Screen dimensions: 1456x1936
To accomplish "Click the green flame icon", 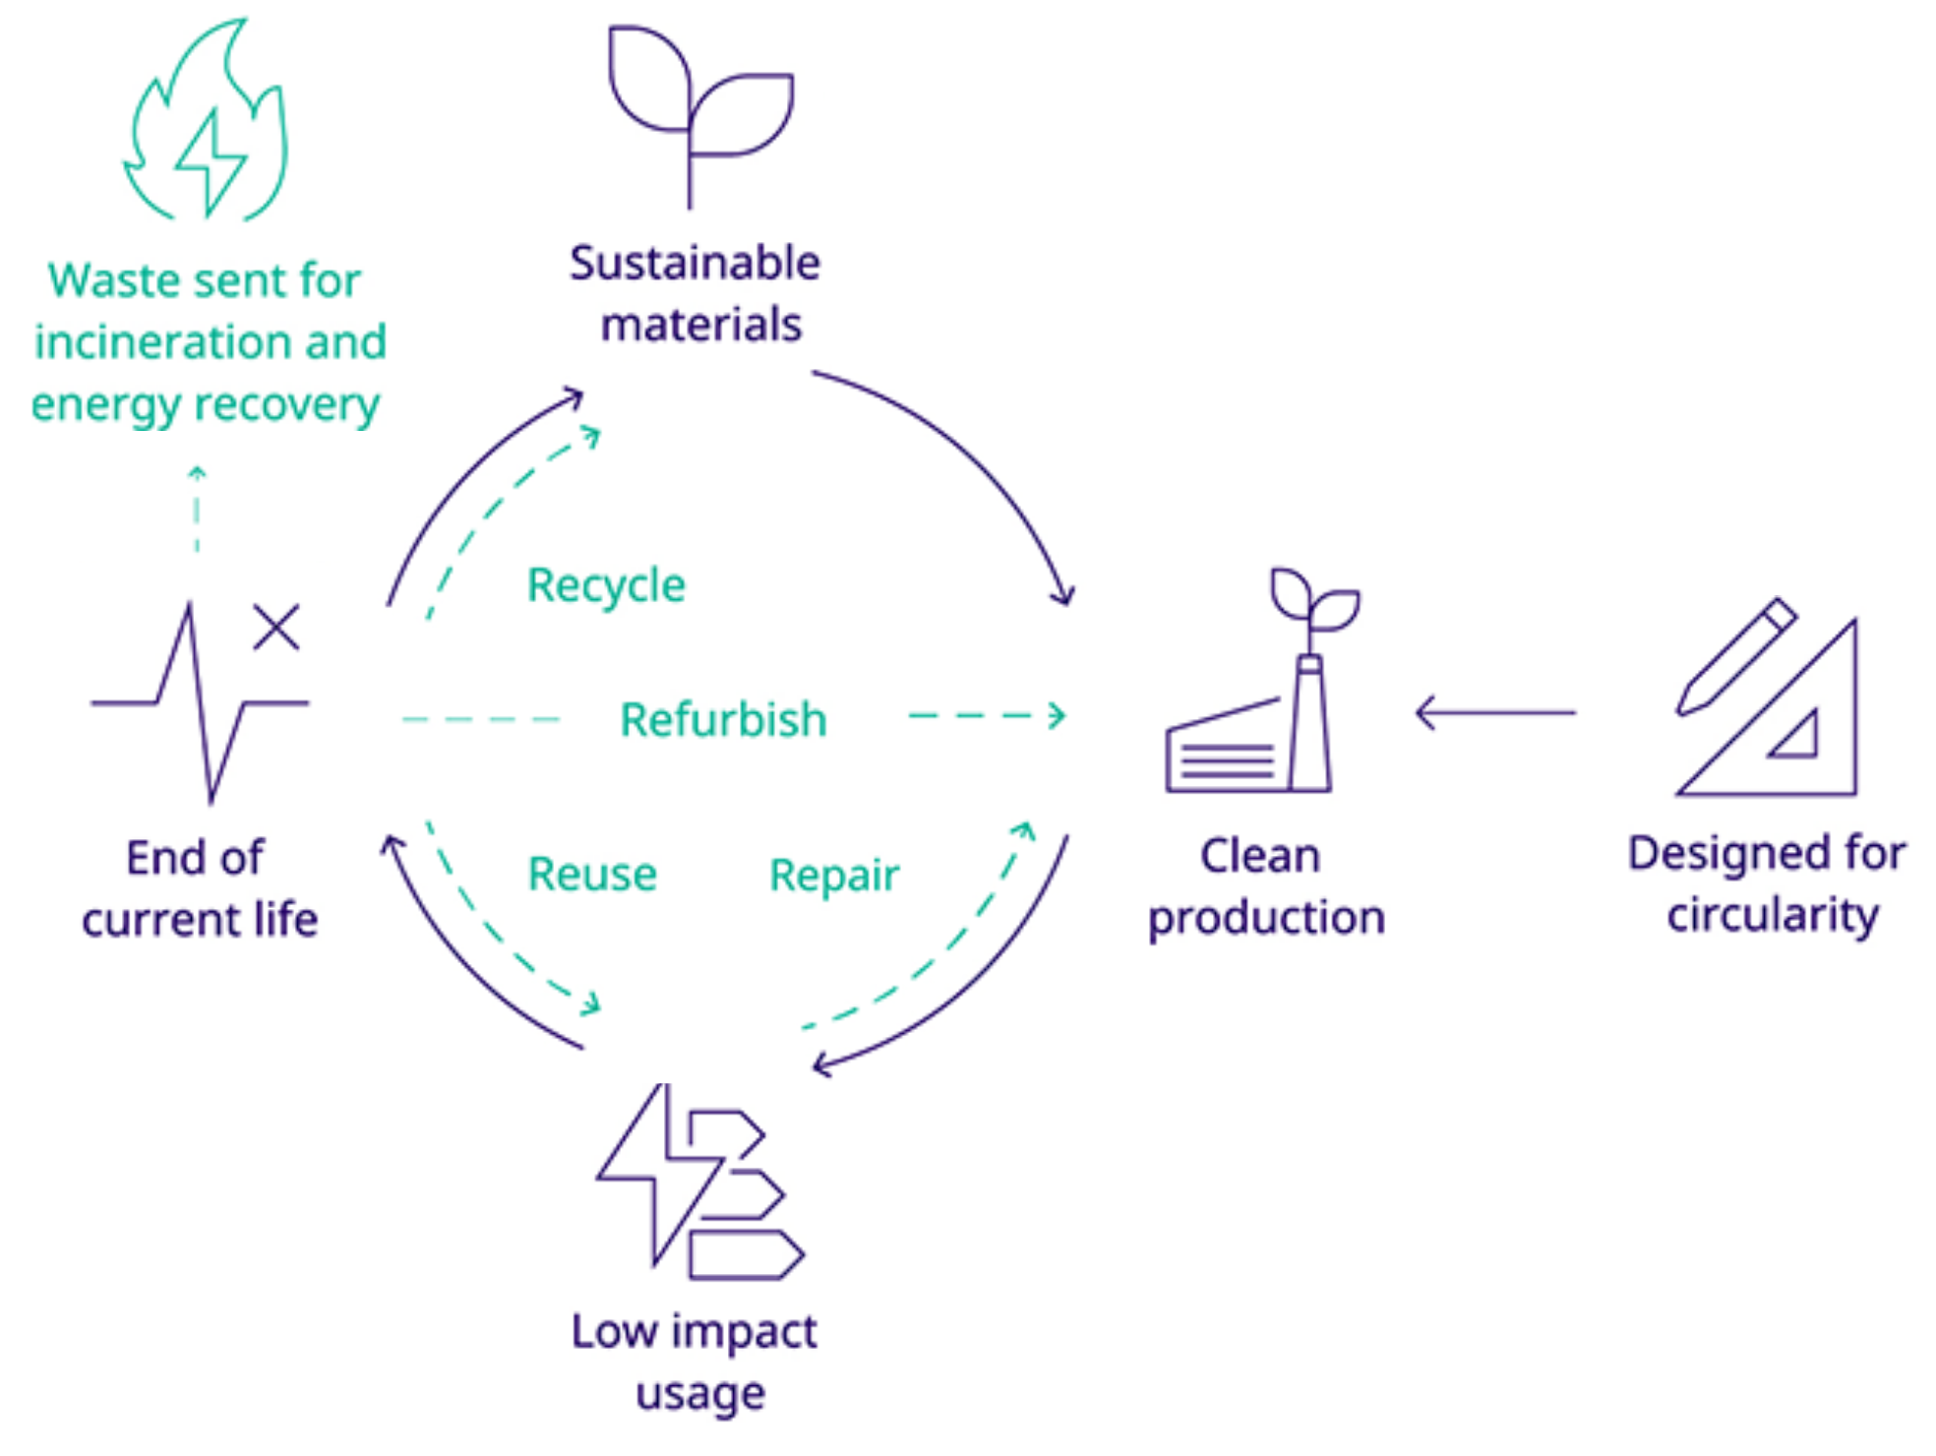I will pos(207,123).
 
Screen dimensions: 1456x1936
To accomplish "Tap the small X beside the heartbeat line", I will pos(275,627).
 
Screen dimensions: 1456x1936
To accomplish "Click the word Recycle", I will pos(606,585).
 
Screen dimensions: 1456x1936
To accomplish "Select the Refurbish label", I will pos(723,719).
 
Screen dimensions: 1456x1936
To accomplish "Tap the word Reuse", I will pos(592,874).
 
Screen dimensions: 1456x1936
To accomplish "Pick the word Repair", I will pos(834,875).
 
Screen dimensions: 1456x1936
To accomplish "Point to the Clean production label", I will pos(1265,886).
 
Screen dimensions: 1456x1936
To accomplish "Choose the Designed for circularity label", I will pos(1768,883).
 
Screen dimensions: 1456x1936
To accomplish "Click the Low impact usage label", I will pos(696,1362).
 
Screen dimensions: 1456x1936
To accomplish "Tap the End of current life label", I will pos(199,888).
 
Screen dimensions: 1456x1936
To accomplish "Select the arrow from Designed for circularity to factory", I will pos(1495,712).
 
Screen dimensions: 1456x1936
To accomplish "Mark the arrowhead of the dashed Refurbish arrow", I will pos(1058,715).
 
